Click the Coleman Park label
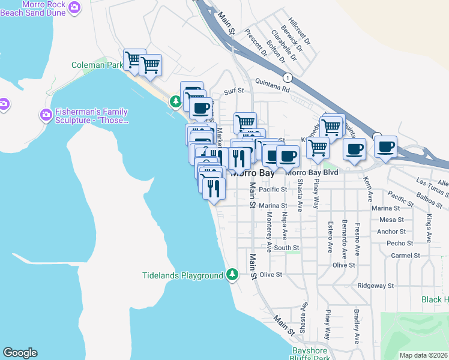click(x=97, y=64)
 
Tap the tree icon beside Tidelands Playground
click(x=232, y=275)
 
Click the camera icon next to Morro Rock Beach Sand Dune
click(x=74, y=7)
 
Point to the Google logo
click(x=20, y=353)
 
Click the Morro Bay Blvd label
click(x=312, y=172)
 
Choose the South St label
click(x=286, y=247)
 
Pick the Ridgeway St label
click(x=375, y=286)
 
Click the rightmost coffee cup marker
click(x=385, y=146)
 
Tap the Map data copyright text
click(x=423, y=355)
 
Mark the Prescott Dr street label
click(x=256, y=45)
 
